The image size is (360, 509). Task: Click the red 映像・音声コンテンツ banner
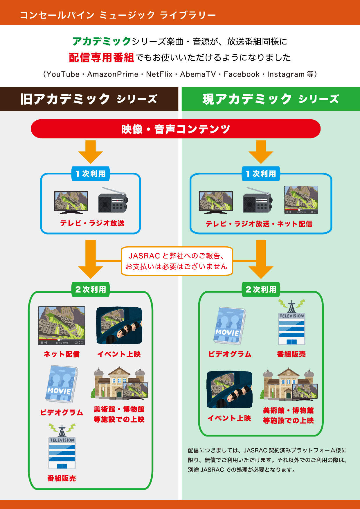coord(176,129)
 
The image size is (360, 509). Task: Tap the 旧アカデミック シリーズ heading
coord(89,99)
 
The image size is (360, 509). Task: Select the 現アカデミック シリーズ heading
coord(270,99)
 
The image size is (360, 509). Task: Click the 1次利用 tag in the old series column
coord(91,174)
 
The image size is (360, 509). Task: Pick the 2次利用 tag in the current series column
coord(261,289)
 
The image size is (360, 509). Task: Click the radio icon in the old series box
coord(113,200)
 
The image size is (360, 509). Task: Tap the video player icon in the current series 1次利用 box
coord(301,200)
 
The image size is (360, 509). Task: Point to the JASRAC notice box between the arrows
coord(177,261)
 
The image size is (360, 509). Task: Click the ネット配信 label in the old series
coord(62,354)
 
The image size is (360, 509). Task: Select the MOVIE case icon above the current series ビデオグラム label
coord(230,326)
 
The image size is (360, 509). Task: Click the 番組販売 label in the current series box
coord(291,354)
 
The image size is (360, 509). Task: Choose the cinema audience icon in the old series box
coord(119,325)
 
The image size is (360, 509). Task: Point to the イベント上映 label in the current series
coord(229,418)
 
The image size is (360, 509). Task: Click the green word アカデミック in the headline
coord(102,41)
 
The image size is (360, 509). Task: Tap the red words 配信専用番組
coord(101,57)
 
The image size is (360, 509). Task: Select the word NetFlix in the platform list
coord(159,74)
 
